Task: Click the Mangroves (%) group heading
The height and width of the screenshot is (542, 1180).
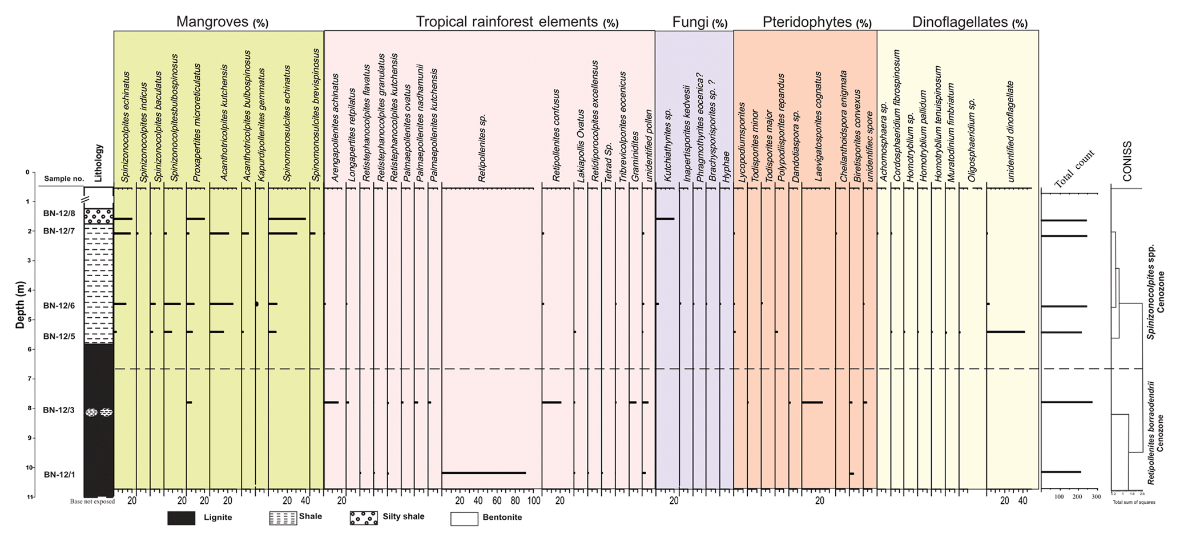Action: [x=221, y=22]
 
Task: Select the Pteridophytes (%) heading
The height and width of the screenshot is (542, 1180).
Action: [x=816, y=23]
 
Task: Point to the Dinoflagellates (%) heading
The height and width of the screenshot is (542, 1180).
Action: [x=969, y=23]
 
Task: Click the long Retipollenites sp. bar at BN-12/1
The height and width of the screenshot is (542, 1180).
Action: [x=484, y=473]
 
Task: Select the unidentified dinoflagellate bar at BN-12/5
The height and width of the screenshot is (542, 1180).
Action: [x=1005, y=332]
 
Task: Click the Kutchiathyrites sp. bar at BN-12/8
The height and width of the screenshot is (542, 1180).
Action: [x=664, y=219]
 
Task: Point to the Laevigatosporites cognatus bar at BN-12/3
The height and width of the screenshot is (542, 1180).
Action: [x=812, y=403]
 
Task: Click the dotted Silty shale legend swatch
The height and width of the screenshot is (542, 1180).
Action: [x=364, y=518]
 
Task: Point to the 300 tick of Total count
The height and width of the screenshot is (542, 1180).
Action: [x=1096, y=497]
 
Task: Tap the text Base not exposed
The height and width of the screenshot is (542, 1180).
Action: [x=92, y=502]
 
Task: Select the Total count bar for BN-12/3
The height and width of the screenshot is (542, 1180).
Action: [x=1066, y=403]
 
